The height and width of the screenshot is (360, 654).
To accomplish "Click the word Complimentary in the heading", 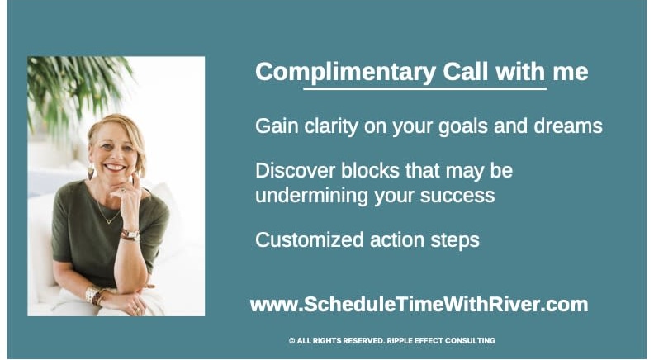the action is point(346,73).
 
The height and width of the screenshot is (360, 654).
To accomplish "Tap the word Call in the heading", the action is point(465,71).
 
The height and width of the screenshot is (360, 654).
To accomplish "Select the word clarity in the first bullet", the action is point(331,126).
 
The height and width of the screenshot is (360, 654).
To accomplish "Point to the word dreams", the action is point(568,126).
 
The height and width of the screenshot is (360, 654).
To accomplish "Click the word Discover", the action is point(296,171).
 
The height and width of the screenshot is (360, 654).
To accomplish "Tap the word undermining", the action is point(311,195).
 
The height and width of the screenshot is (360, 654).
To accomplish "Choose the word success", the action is point(457,196).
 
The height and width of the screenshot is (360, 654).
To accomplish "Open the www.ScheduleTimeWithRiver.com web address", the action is point(419,305).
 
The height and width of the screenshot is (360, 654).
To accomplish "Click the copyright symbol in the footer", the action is point(292,341).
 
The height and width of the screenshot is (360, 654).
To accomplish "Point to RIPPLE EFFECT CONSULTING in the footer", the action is point(441,340).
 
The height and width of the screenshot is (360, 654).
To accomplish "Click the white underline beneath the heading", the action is point(424,88).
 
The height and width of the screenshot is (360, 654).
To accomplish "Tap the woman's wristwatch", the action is point(131,234).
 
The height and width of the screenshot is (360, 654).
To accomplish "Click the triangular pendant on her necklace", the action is point(109,220).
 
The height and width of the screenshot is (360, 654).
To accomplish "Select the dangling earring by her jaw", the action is point(91,172).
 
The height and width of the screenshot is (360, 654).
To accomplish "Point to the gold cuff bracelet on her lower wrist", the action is point(92,294).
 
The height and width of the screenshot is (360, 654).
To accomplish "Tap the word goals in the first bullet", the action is point(462,126).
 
